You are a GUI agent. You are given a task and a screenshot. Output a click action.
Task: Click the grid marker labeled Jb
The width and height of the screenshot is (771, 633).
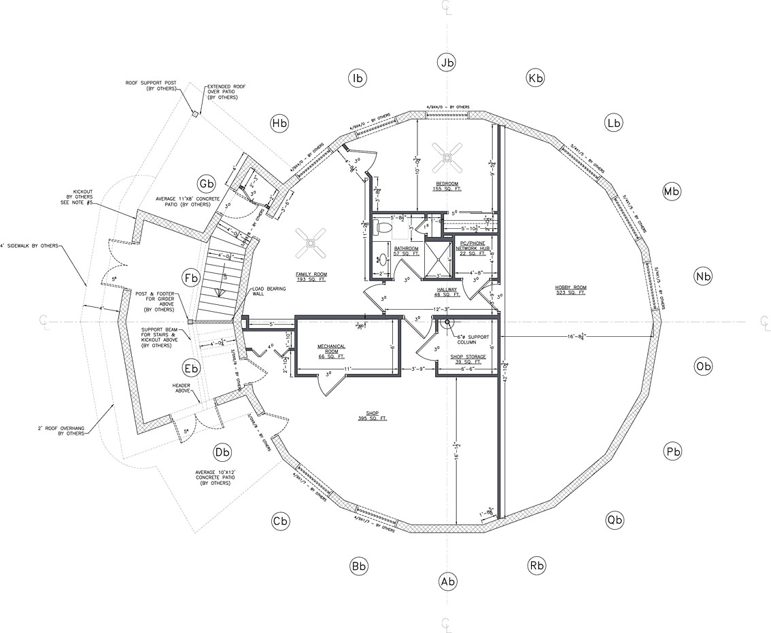coord(447,63)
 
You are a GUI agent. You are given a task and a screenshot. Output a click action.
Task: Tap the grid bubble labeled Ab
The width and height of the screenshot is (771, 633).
coord(447,581)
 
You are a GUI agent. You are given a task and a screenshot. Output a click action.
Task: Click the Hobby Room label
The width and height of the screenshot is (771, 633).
coord(570,291)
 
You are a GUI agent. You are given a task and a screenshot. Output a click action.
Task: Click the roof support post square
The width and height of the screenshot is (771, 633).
coord(195,114)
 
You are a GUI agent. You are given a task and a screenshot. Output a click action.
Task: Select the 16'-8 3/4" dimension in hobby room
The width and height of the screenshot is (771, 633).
coord(577,336)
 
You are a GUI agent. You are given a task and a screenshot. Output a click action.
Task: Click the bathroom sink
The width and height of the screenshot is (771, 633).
coord(381,259)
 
